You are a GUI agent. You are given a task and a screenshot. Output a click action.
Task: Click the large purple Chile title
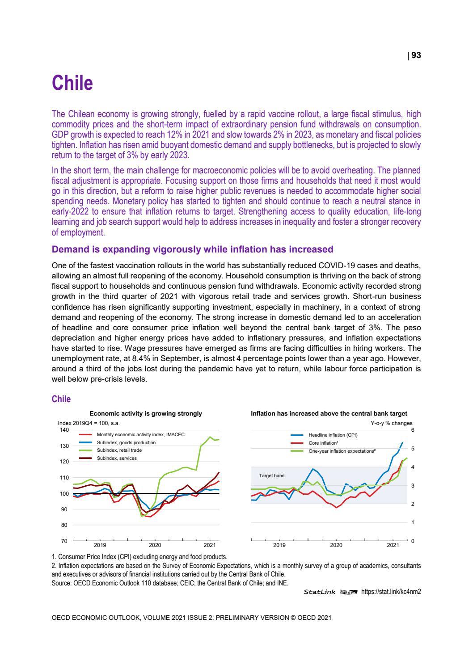[x=72, y=83]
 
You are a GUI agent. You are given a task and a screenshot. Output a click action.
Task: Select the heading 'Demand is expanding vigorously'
[x=192, y=249]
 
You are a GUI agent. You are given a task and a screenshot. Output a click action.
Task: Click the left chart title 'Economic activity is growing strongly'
[x=146, y=414]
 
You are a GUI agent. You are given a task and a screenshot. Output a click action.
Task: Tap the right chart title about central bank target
[x=329, y=414]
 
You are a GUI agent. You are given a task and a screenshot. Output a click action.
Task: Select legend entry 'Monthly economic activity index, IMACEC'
[x=140, y=434]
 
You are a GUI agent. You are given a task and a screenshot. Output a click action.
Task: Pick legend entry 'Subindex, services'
[x=117, y=458]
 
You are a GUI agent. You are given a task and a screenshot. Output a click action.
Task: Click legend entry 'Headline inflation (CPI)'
[x=333, y=435]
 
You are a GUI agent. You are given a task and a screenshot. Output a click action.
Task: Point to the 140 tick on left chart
[x=64, y=430]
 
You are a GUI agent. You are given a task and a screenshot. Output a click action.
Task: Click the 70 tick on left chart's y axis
[x=64, y=541]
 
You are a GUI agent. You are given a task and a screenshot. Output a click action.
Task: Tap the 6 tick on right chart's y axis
[x=413, y=430]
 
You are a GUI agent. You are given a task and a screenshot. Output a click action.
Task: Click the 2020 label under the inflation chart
[x=336, y=545]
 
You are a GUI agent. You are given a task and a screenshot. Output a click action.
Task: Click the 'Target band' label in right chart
[x=271, y=475]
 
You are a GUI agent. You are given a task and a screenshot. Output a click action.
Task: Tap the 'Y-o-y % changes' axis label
[x=392, y=423]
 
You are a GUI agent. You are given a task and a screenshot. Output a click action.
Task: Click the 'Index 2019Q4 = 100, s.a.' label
[x=89, y=423]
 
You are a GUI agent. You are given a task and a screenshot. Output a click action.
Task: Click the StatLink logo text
[x=319, y=592]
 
